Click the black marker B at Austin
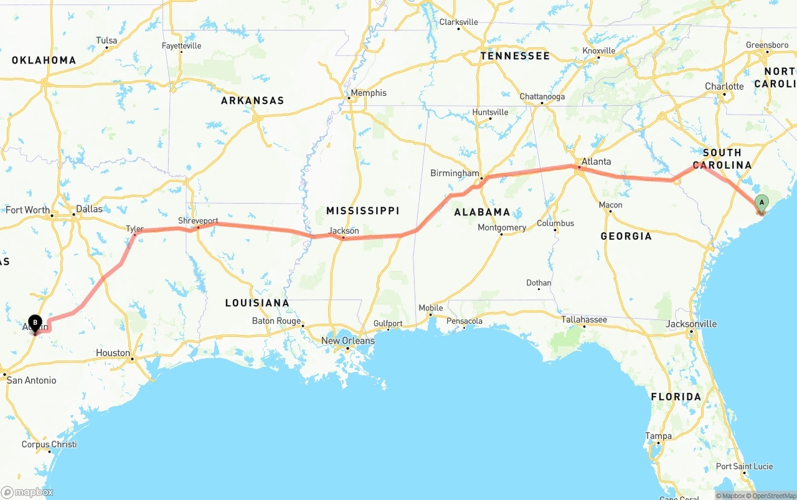coord(35,323)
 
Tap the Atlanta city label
coord(596,161)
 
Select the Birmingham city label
coord(455,173)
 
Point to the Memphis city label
coord(369,93)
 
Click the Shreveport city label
coord(198,220)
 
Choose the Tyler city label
coord(134,229)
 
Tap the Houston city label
coord(113,352)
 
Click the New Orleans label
coord(348,341)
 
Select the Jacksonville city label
coord(691,324)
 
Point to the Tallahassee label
coord(584,319)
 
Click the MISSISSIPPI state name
coord(362,210)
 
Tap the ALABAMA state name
coord(482,212)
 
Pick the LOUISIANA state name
coord(257,303)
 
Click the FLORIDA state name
coord(676,397)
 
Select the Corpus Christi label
coord(49,445)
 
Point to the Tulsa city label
coord(106,40)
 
